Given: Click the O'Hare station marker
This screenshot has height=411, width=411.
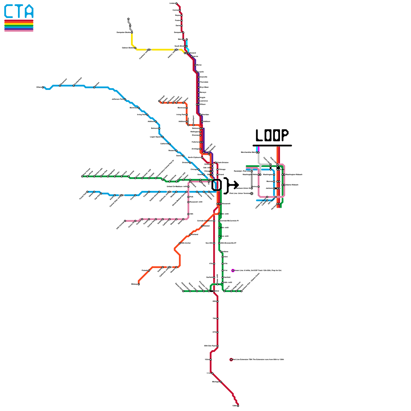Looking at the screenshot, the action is coord(43,87).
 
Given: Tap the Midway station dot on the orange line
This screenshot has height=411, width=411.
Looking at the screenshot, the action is coord(139,284).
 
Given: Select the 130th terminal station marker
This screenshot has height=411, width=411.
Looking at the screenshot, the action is coord(238,406).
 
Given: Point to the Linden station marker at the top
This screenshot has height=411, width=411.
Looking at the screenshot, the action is coord(176,3).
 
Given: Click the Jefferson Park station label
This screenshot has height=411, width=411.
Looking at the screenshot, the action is coord(118,99).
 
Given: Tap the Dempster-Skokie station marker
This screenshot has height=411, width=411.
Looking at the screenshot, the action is coord(132,33).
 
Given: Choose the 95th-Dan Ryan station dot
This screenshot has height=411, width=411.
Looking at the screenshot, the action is coord(218,346).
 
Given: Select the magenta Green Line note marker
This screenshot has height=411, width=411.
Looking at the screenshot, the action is coord(233,270).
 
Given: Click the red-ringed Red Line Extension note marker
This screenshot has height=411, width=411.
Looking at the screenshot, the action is coord(231,360).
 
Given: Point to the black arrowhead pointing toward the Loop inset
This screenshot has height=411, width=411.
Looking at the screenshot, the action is coord(236,185).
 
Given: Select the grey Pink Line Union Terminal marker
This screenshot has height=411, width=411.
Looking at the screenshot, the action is coord(252,193).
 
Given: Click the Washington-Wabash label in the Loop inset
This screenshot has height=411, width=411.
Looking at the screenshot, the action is coord(294,175).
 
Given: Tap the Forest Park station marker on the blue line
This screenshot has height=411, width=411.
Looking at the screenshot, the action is coord(87,192).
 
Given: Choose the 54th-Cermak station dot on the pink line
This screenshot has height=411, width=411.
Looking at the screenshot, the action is coord(125,221).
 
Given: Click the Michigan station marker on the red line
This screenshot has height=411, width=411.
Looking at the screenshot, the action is coord(221,382).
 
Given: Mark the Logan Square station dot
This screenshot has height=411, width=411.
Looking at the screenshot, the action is coord(163,137).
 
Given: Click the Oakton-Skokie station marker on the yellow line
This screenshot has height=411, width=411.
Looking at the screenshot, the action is coord(135,48).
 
